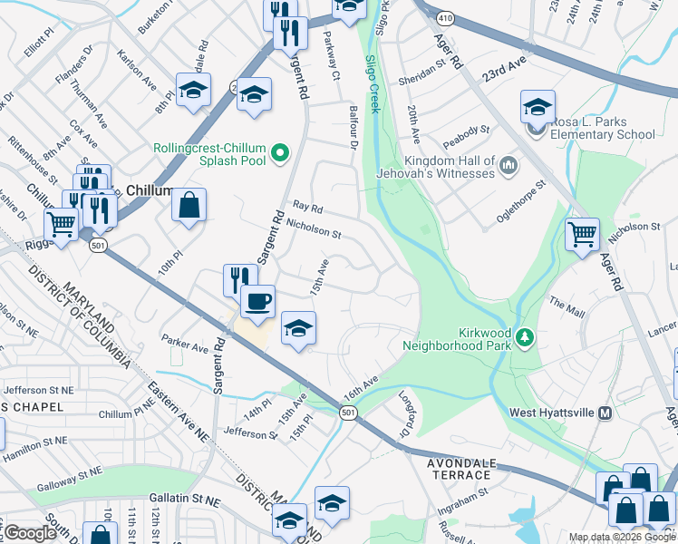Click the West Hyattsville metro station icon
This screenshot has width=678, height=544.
[x=606, y=413]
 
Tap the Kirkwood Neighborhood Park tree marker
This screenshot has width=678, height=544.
[x=523, y=338]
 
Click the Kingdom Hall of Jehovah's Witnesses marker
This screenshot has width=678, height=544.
[x=508, y=166]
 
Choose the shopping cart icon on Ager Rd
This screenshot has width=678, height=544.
[x=582, y=234]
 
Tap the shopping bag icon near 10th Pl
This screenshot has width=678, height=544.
[x=189, y=205]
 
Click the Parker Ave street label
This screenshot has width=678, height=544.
[x=185, y=345]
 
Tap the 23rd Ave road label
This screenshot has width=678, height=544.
[x=504, y=73]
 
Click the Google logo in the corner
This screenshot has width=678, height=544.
[x=30, y=534]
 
